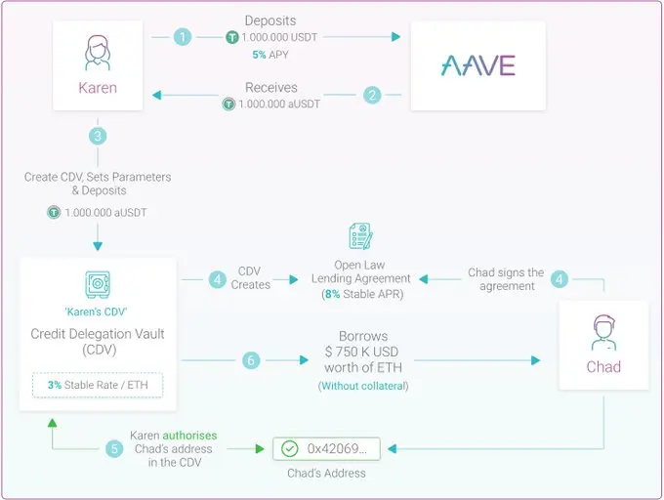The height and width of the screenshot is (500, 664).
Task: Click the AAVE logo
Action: coord(478,65)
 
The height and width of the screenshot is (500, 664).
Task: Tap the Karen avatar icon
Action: coord(98,53)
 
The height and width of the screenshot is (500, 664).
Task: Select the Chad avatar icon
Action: coord(603,332)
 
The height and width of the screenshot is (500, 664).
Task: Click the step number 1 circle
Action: coord(183,37)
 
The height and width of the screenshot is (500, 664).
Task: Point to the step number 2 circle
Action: coord(372,95)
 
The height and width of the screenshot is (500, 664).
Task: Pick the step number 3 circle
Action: coord(98,136)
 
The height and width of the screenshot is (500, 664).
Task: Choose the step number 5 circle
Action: coord(114,449)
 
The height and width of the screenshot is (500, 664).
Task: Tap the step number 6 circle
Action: coord(251,360)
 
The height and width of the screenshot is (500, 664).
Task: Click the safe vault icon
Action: coord(98,284)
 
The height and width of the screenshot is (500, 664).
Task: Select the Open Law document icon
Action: coord(360,236)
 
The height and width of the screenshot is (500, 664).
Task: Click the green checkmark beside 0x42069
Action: coord(290,449)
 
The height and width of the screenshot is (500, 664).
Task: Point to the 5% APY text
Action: coord(270,55)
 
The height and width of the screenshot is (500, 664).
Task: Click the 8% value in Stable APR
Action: coord(332,294)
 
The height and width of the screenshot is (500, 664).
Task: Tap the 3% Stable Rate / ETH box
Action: coord(98,385)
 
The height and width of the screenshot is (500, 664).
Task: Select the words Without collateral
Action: coord(363,386)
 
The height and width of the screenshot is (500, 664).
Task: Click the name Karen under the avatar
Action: coord(98,88)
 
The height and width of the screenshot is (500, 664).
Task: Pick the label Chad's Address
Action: coord(326,473)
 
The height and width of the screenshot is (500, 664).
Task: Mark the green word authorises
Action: coord(189,436)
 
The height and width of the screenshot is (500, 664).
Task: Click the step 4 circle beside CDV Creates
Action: coord(217,280)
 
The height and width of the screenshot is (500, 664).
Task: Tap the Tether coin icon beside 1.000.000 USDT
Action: coord(232,37)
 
